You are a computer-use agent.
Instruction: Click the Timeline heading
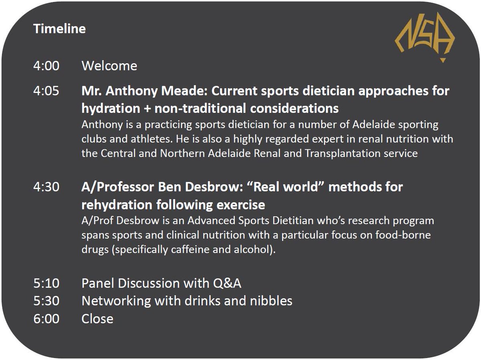point(59,29)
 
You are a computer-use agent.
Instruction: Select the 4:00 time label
point(46,66)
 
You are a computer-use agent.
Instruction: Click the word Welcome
point(109,66)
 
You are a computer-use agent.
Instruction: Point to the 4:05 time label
point(46,91)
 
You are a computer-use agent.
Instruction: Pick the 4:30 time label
point(46,187)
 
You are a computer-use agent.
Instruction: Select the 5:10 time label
point(46,284)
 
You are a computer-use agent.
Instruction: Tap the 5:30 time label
point(46,301)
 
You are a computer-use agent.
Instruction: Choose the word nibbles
point(271,301)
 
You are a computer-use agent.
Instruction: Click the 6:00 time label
point(46,319)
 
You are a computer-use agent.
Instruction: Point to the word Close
point(97,319)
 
